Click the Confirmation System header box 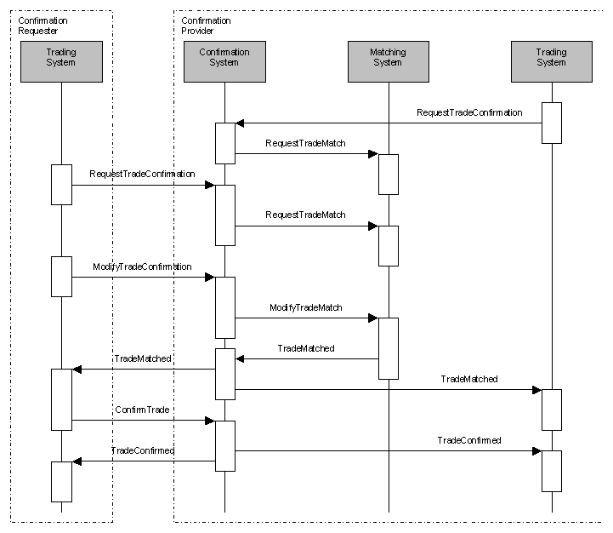[224, 61]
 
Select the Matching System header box [388, 61]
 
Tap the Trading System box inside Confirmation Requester [61, 61]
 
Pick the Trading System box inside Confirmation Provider [551, 61]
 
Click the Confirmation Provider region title [206, 26]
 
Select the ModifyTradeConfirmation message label [142, 267]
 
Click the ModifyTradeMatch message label [306, 307]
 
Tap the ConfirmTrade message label [142, 410]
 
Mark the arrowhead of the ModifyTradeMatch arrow [372, 318]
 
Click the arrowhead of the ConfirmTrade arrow [209, 420]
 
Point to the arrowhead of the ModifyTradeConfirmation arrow [209, 277]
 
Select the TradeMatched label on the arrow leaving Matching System [306, 348]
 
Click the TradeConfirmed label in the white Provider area [469, 440]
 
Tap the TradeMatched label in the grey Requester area [143, 359]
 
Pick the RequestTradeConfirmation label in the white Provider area [469, 112]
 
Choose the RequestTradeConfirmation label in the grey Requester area [142, 174]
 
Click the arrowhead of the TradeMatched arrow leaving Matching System [241, 358]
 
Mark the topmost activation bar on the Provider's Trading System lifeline [551, 123]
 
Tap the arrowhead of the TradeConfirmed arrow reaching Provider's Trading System [536, 450]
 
